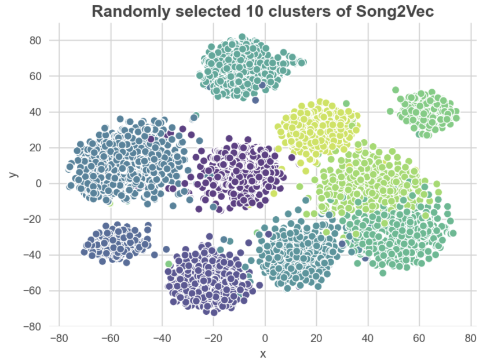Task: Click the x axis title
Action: click(263, 353)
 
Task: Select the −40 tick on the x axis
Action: click(162, 338)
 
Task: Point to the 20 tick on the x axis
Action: click(316, 338)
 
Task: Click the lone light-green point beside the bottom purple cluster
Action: click(169, 264)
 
